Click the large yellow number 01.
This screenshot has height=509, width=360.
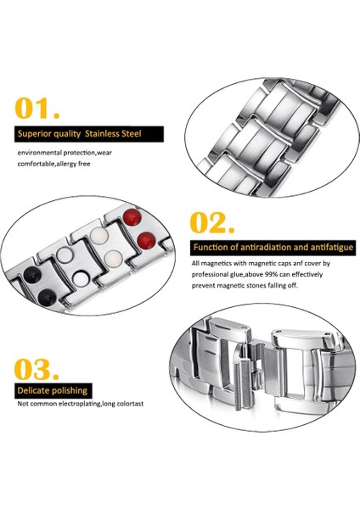(x=37, y=108)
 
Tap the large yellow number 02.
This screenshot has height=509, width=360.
(x=212, y=222)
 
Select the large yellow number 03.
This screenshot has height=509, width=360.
(x=37, y=369)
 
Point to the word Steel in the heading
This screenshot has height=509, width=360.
(x=132, y=134)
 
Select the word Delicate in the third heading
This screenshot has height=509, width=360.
(x=32, y=390)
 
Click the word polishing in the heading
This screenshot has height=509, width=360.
(x=69, y=391)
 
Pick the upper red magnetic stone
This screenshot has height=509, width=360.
(x=132, y=217)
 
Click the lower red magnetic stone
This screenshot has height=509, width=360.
(x=146, y=241)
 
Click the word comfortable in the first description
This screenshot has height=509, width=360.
(x=37, y=164)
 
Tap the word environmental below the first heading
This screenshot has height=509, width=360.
(x=40, y=153)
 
